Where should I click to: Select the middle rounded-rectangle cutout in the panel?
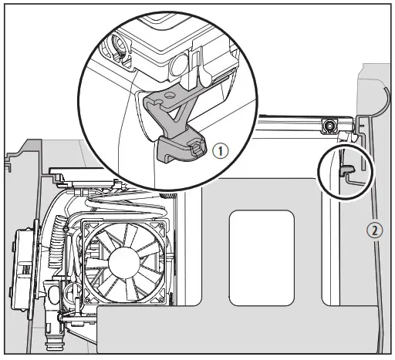coord(262,254)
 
